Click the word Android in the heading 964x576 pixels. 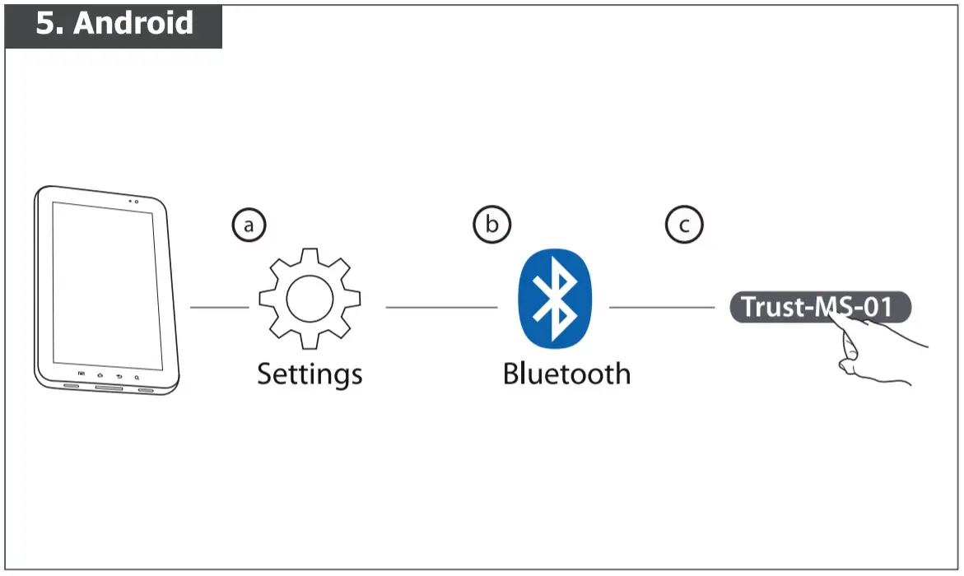click(x=133, y=23)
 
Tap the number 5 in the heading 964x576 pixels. click(x=48, y=23)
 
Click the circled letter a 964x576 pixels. click(x=249, y=225)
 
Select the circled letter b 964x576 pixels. click(x=491, y=225)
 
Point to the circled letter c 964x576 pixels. click(x=684, y=225)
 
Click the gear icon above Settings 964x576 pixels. click(x=310, y=298)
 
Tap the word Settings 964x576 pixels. click(x=310, y=374)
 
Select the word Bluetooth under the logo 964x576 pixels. click(x=566, y=374)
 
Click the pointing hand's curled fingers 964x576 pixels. click(x=848, y=362)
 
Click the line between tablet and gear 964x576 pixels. click(x=219, y=308)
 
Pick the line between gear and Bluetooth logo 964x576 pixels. click(x=441, y=308)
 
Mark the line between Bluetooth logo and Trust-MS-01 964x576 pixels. click(x=662, y=308)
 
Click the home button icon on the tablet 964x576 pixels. click(x=100, y=374)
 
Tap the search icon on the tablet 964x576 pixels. click(x=136, y=376)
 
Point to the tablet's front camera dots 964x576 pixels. click(x=133, y=201)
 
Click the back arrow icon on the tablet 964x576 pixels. click(x=119, y=375)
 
